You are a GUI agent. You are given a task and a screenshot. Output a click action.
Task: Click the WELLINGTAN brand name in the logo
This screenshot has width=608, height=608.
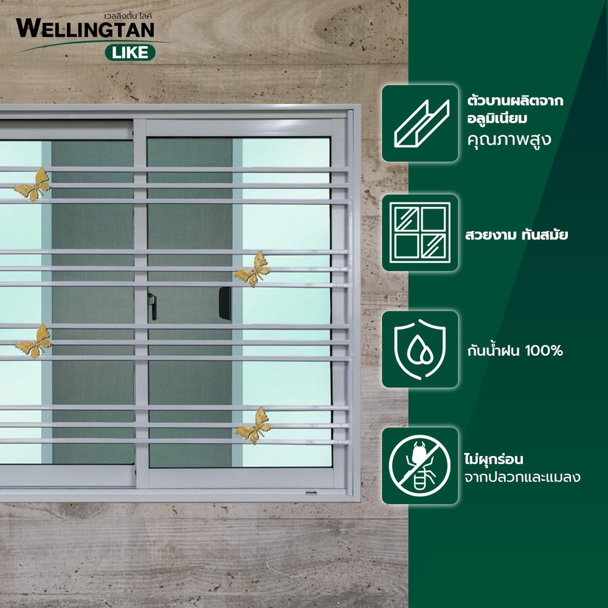click(85, 29)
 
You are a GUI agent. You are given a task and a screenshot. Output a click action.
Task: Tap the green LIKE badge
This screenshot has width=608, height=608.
click(130, 52)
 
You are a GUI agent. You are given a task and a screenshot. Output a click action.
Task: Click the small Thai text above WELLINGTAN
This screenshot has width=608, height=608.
click(128, 16)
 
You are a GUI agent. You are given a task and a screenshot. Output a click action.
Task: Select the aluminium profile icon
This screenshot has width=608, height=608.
click(421, 123)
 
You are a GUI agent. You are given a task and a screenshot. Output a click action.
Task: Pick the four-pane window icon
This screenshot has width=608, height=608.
click(420, 233)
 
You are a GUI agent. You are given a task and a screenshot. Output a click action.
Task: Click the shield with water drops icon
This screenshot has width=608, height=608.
click(420, 349)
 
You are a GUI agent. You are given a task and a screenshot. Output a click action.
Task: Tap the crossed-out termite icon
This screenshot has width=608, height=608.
click(420, 466)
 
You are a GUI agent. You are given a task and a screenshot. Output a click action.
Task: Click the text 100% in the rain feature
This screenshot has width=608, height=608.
click(543, 351)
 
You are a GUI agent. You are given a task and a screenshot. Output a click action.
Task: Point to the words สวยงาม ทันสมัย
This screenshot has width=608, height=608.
click(516, 235)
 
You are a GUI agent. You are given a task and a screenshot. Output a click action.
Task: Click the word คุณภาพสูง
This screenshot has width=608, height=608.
click(509, 140)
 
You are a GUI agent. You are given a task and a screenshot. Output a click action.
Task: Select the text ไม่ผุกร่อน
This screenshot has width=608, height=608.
click(494, 459)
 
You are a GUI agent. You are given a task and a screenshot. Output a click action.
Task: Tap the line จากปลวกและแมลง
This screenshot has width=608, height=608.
click(522, 477)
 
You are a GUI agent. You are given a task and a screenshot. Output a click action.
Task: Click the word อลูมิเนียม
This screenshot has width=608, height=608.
click(497, 119)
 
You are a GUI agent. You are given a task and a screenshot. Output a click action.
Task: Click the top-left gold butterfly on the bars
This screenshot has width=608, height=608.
click(33, 185)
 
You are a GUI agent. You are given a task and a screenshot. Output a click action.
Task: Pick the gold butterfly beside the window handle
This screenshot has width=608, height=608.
click(252, 269)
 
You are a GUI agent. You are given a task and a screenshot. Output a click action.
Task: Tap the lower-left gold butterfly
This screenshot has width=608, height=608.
click(33, 342)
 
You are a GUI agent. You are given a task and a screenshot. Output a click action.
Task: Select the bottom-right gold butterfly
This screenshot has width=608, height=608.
click(253, 426)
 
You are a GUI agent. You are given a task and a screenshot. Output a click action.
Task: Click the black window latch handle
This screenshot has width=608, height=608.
click(226, 303)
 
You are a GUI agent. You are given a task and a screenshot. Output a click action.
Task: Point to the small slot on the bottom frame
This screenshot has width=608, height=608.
click(311, 493)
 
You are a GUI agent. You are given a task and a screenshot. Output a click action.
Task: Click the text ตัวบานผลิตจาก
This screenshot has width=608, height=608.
click(515, 101)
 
